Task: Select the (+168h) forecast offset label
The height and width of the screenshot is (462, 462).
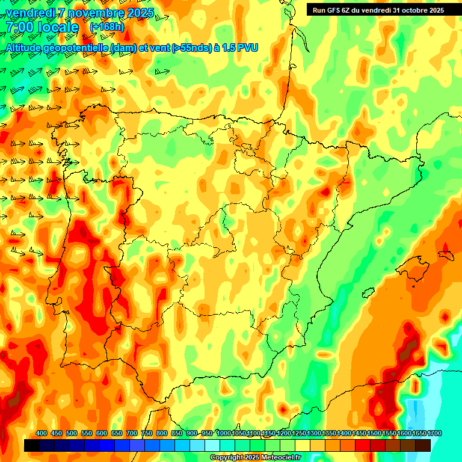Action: click(106, 27)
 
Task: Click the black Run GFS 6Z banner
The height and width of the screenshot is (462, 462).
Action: click(378, 10)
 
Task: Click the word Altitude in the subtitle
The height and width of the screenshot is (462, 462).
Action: click(25, 48)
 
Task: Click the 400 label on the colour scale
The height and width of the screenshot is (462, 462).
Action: click(42, 433)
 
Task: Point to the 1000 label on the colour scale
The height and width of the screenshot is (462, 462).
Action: click(224, 433)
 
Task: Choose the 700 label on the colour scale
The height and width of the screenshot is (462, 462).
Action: click(132, 433)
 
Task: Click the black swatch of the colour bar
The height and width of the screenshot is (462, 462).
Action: click(32, 445)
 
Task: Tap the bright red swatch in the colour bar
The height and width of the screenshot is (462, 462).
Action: click(363, 445)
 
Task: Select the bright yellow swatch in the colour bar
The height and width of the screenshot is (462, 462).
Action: click(303, 445)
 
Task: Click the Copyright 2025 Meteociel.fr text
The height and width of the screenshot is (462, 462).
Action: click(255, 457)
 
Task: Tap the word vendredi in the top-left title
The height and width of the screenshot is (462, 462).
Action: click(28, 13)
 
